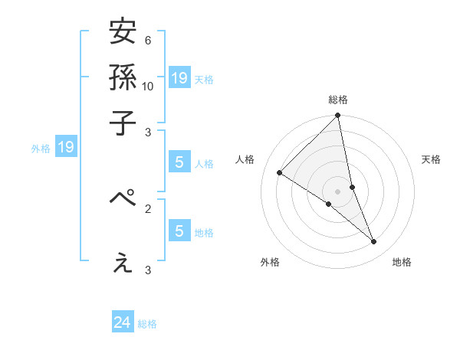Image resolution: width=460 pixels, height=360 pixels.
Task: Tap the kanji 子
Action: tap(123, 123)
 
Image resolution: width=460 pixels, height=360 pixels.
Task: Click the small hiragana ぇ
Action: tap(123, 263)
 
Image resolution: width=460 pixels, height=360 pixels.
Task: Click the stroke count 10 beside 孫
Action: tap(148, 86)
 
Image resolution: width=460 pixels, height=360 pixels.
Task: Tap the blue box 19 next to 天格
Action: tap(179, 77)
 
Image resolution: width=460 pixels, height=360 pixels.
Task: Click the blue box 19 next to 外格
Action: tap(66, 148)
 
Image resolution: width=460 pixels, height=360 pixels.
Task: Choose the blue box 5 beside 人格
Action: tap(179, 162)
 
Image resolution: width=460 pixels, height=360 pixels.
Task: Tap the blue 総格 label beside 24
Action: tap(147, 324)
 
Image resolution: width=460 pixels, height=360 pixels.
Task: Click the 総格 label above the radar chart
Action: tap(338, 100)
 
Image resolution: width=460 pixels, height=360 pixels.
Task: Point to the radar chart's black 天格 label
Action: tap(432, 159)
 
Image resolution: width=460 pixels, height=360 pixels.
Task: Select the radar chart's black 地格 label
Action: tap(402, 262)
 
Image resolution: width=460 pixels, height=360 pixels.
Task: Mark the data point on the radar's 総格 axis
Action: tap(338, 116)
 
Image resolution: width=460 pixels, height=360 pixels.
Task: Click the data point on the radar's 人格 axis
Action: tap(280, 173)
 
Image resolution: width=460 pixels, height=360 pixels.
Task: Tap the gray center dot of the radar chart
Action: tap(338, 191)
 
